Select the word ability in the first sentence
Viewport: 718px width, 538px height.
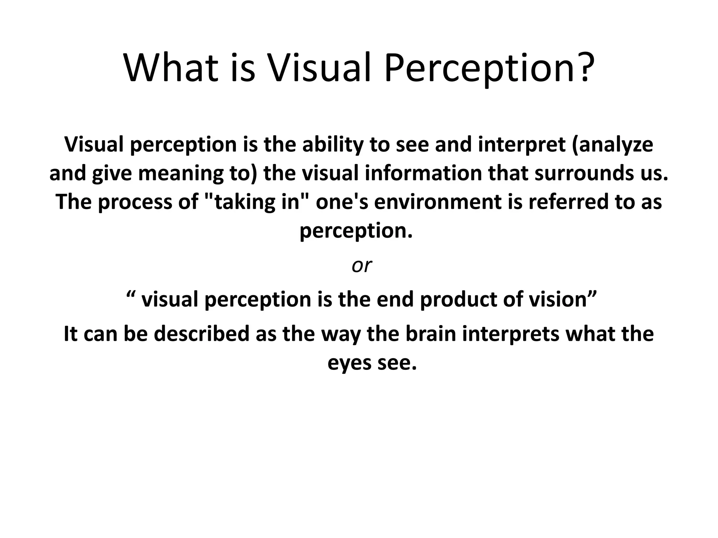[333, 144]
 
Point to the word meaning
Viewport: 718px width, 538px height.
[181, 173]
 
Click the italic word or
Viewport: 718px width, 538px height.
[361, 265]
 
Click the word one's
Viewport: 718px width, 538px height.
[342, 202]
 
